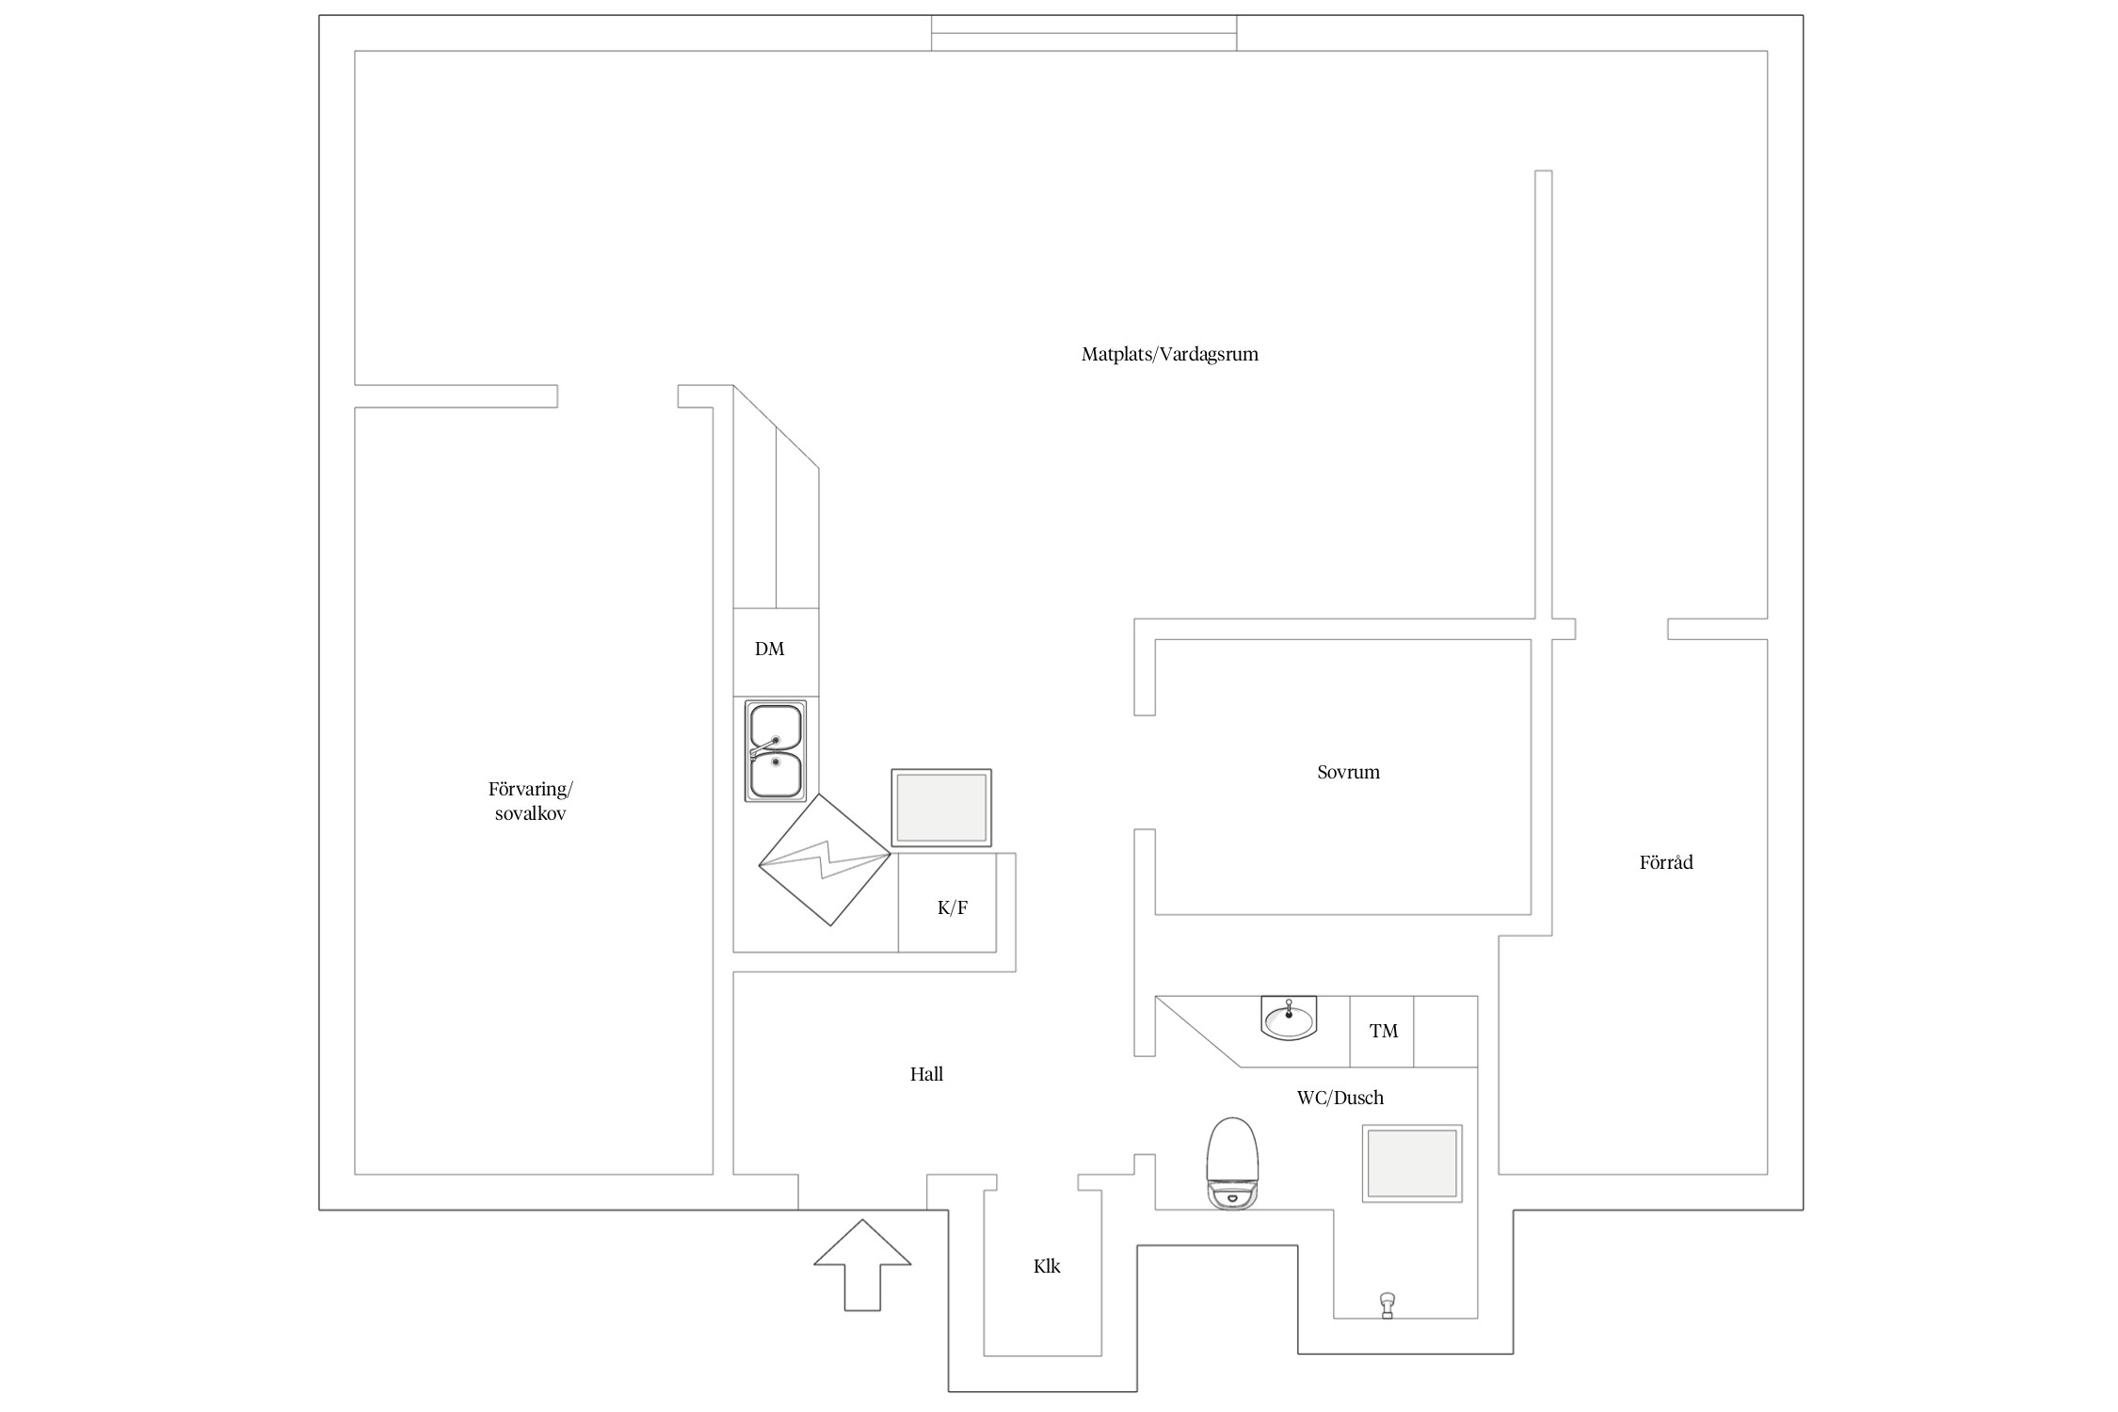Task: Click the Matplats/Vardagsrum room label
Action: (x=1169, y=355)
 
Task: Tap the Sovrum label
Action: (x=1348, y=772)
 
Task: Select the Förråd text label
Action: (x=1666, y=861)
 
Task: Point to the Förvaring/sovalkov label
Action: (x=530, y=801)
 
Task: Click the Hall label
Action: (x=926, y=1074)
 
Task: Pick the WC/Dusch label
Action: (x=1340, y=1098)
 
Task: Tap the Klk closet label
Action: (x=1047, y=1266)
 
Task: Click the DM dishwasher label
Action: (x=769, y=649)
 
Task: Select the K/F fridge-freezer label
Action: (x=953, y=907)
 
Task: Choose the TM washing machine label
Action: (x=1384, y=1031)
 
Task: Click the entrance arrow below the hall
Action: (x=862, y=1264)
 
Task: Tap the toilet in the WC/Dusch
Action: (x=1232, y=1163)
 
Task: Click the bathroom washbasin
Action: (x=1288, y=1018)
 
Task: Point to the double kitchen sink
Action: (x=776, y=750)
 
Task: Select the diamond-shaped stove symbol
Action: (x=825, y=859)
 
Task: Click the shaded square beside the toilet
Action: (x=1412, y=1163)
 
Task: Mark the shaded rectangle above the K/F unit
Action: (x=941, y=808)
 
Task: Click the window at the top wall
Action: (x=1083, y=33)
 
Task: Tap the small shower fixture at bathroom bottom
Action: (x=1387, y=1306)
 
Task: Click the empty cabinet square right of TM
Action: (x=1446, y=1031)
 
